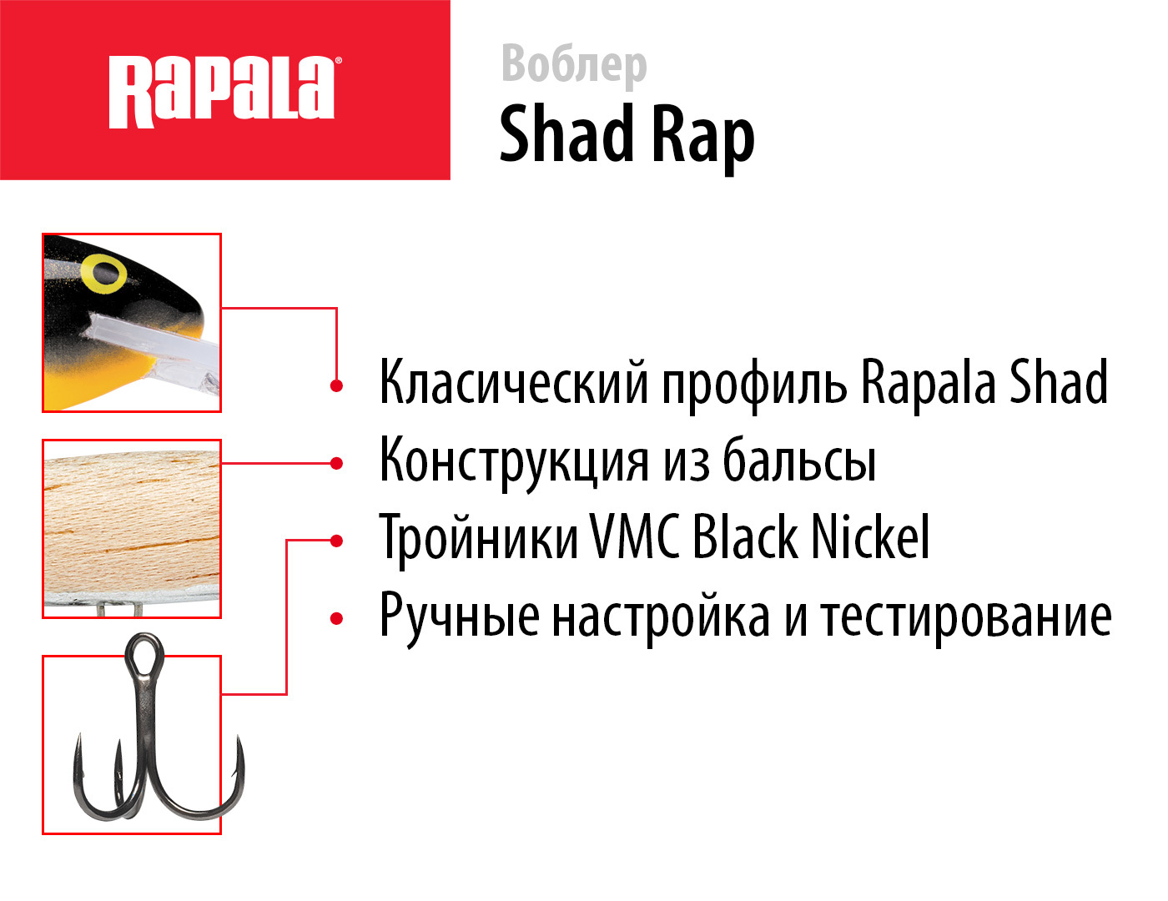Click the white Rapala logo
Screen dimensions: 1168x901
point(222,91)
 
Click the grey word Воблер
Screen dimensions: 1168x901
point(574,66)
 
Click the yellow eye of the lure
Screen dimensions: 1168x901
point(104,274)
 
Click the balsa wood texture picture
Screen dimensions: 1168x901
point(132,529)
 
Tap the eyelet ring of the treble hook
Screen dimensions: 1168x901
point(144,652)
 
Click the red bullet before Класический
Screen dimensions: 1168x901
point(336,385)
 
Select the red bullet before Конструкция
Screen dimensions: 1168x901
point(336,463)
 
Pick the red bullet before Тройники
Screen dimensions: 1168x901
point(336,541)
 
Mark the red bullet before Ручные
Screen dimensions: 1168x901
point(336,618)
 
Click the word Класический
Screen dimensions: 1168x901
point(514,382)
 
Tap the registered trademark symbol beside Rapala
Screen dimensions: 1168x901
point(338,61)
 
